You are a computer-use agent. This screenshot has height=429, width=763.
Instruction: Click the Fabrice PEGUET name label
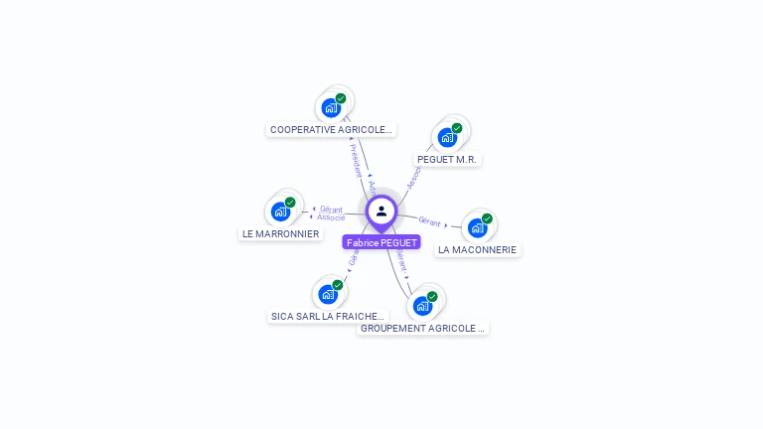pos(381,242)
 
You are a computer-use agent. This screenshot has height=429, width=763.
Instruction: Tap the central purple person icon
pos(381,211)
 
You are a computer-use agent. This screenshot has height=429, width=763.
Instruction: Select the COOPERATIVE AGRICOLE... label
pos(332,129)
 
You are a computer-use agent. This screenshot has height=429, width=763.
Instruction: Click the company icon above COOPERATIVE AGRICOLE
pos(331,107)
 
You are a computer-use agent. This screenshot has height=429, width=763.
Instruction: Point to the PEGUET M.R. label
pos(447,159)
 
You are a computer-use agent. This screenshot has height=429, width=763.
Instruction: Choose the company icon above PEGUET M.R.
pos(447,137)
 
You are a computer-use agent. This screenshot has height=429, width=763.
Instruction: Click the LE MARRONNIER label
pos(280,234)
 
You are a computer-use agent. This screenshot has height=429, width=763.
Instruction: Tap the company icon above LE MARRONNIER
pos(280,211)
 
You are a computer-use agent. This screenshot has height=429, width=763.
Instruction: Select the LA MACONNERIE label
pos(477,250)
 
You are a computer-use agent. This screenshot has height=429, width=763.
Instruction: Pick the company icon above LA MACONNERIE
pos(477,227)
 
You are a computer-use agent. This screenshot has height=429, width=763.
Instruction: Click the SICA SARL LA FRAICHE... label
pos(328,317)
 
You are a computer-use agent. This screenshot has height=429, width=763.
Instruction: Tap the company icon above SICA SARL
pos(328,294)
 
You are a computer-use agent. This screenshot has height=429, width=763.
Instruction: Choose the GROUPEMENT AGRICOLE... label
pos(422,328)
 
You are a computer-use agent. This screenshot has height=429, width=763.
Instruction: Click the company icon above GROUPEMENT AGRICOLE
pos(422,305)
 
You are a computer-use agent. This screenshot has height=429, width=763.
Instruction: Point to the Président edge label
pos(356,160)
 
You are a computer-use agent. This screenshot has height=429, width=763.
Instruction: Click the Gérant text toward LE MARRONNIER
pos(331,210)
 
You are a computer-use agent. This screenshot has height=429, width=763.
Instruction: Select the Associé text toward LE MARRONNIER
pos(331,217)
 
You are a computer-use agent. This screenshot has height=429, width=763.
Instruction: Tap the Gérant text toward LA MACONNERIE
pos(429,221)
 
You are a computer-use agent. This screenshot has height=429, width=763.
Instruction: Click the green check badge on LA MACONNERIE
pos(487,218)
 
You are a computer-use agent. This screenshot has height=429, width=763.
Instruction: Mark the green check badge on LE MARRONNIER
pos(290,202)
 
